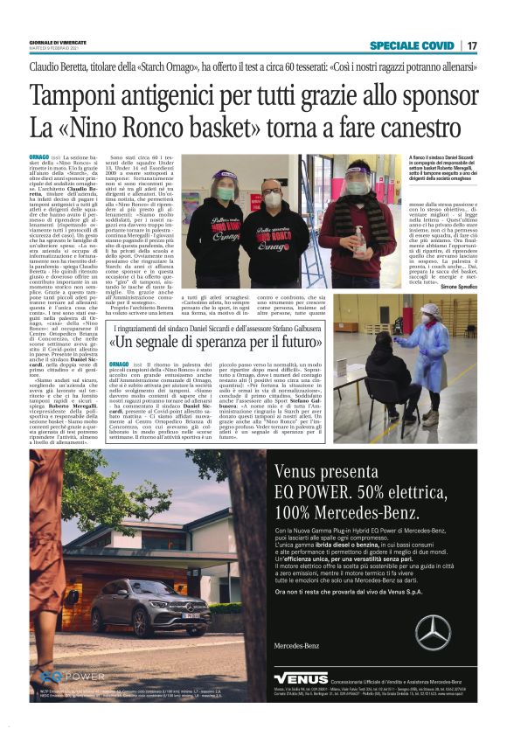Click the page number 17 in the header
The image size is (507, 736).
472,45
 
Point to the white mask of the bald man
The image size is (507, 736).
272,200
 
